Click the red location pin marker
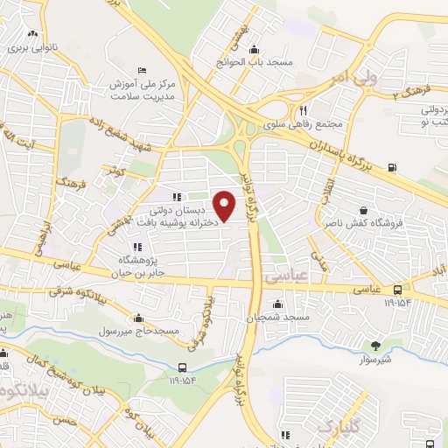tap(226, 206)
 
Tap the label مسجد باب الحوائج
tap(253, 63)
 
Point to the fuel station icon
tap(390, 168)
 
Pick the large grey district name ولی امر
tap(350, 80)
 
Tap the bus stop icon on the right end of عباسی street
tap(398, 290)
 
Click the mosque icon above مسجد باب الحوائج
tap(254, 49)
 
